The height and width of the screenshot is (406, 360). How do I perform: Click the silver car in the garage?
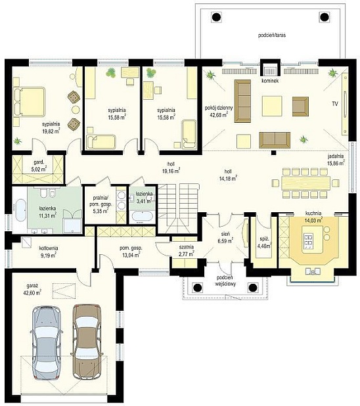coord(47,343)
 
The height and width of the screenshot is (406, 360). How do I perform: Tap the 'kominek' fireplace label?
coord(270,81)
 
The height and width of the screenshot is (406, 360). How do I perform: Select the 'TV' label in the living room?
coord(335,104)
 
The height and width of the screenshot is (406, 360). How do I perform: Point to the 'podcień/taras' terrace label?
coord(272,35)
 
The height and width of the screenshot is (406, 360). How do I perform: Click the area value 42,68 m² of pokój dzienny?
coord(219,114)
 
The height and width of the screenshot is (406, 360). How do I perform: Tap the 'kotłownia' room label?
coord(49,248)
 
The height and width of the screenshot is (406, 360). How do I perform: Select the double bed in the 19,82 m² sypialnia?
coord(30,101)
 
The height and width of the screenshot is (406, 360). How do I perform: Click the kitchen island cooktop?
coord(309,239)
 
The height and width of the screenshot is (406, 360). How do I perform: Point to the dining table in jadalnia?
coord(305,183)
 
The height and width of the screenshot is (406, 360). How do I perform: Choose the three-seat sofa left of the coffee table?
coord(242,101)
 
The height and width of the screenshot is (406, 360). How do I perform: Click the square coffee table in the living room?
coord(272,106)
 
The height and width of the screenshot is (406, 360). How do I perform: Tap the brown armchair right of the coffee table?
coord(300,106)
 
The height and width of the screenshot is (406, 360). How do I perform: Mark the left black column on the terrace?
coord(216,17)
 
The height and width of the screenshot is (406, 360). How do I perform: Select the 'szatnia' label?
coord(186,247)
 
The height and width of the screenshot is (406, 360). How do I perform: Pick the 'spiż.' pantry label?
coord(263,239)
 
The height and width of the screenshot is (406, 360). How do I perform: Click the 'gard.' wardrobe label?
coord(39,163)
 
